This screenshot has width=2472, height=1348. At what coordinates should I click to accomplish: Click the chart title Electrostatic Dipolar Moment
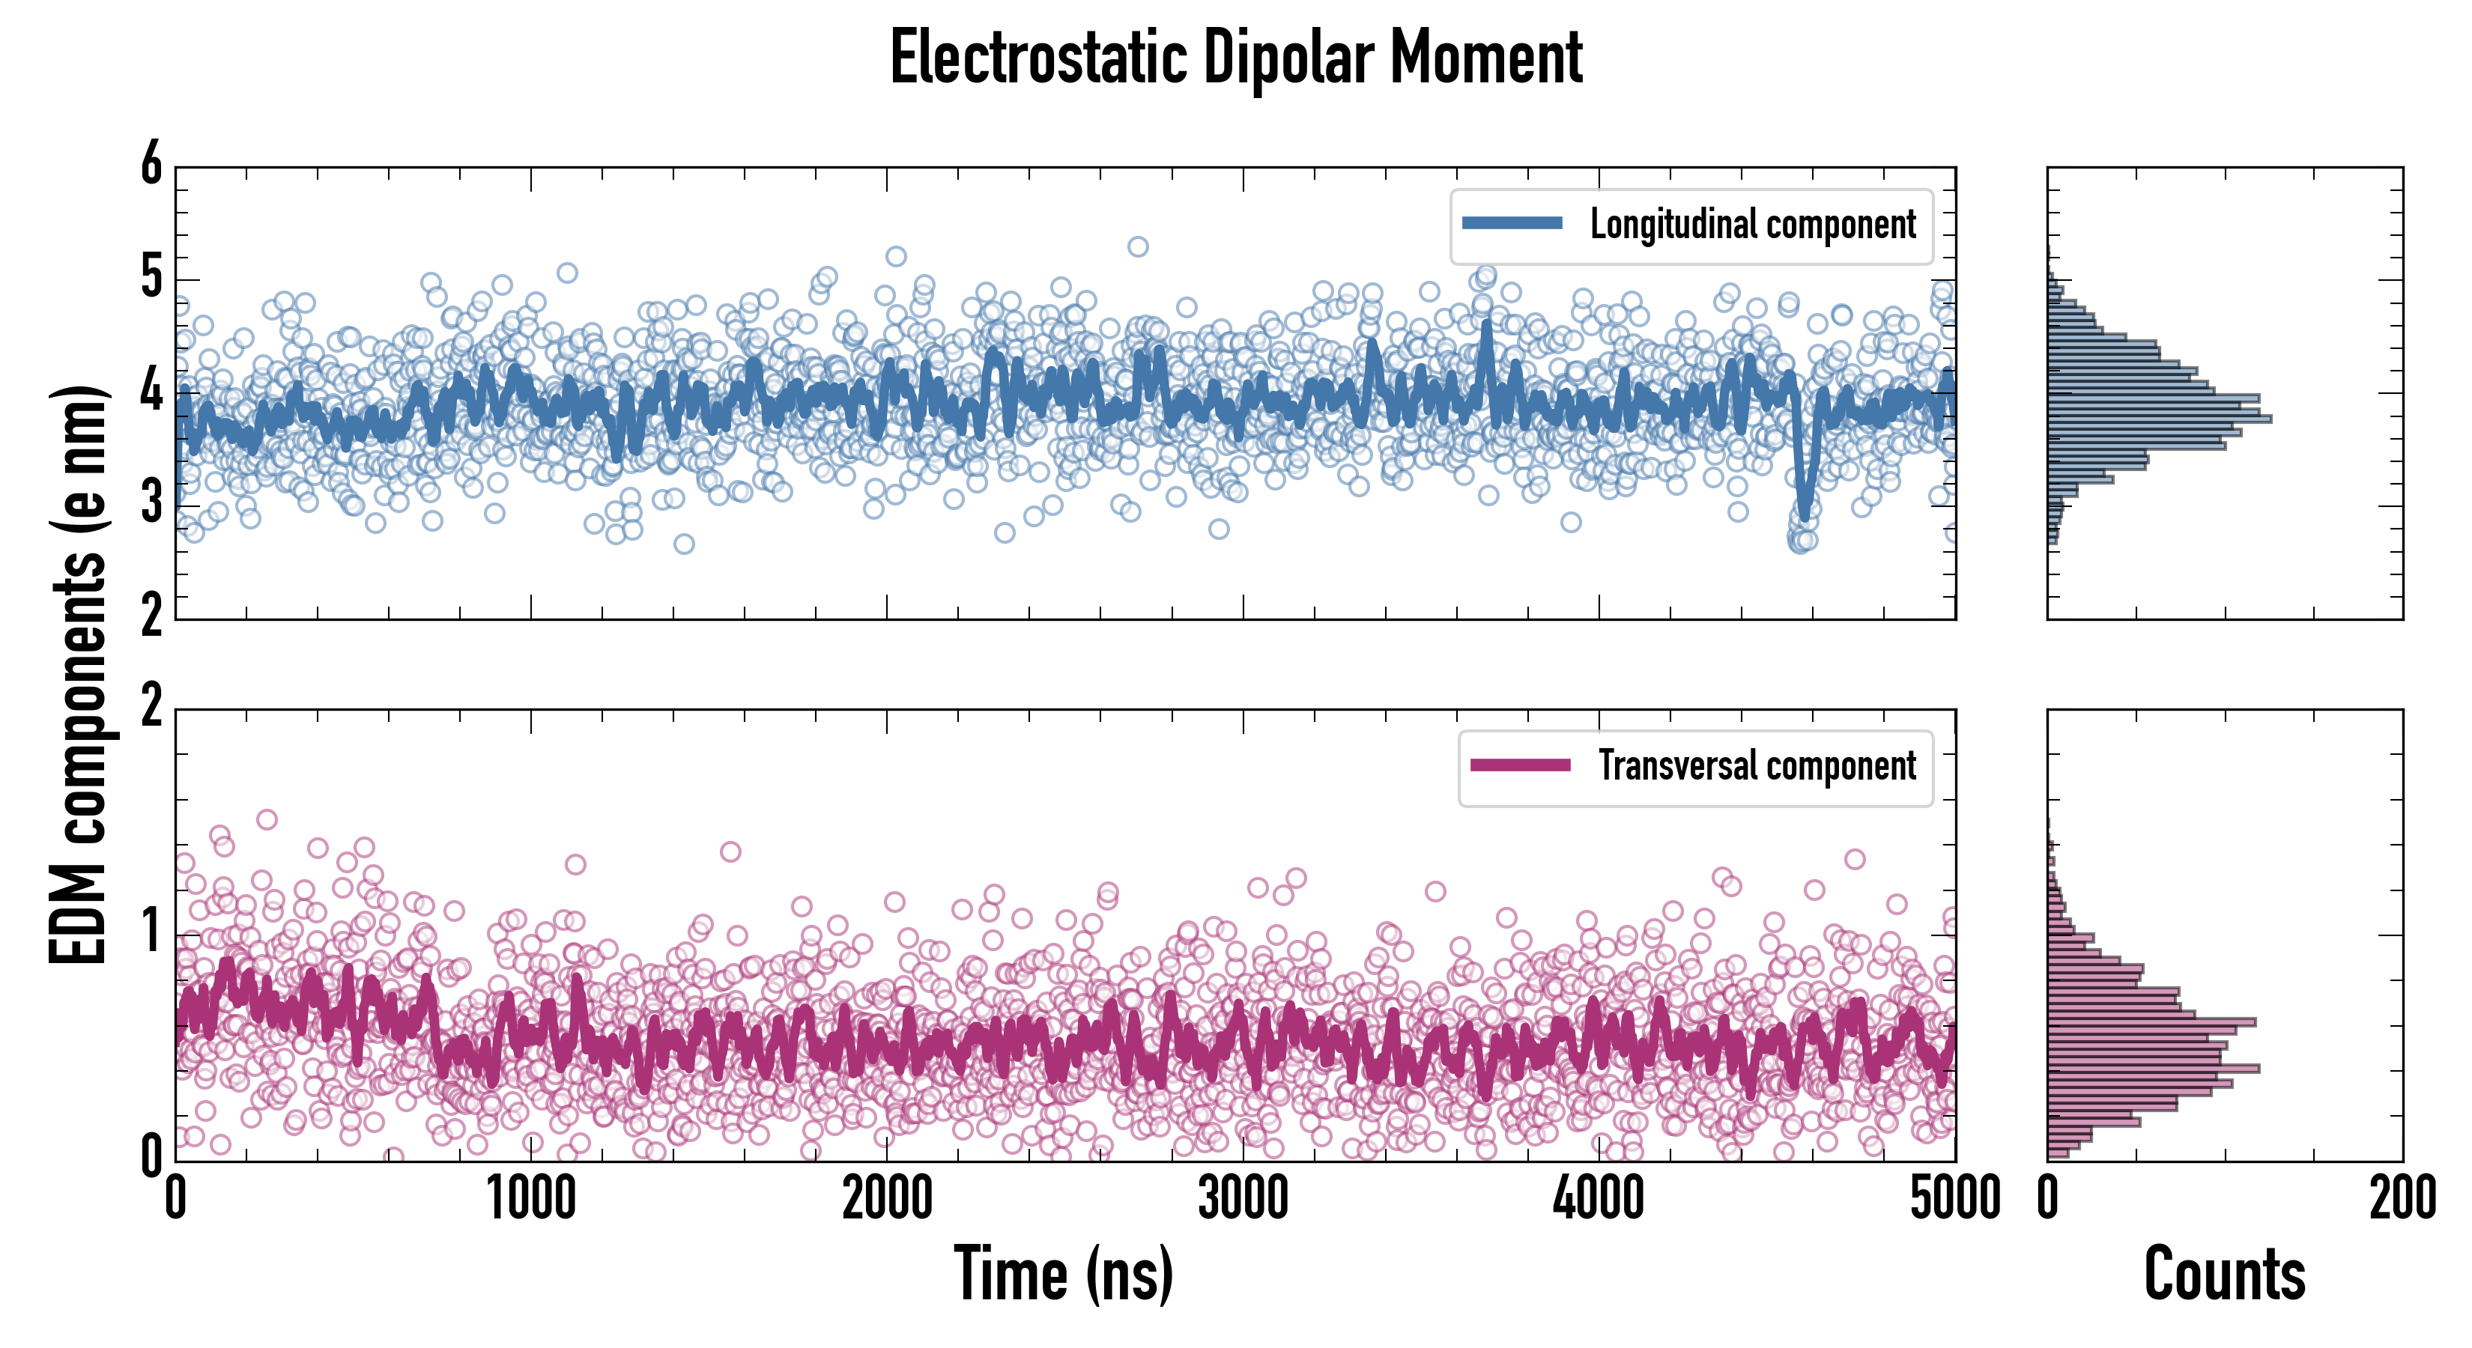[x=1236, y=58]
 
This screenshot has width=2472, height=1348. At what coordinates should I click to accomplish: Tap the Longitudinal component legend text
[x=1752, y=225]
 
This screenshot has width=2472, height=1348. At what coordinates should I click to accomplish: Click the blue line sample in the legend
[x=1512, y=224]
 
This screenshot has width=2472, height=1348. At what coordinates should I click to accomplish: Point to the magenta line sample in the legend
[x=1520, y=765]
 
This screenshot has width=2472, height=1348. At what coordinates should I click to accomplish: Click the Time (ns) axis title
[x=1063, y=1273]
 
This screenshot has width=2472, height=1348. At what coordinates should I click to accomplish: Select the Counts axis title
[x=2224, y=1273]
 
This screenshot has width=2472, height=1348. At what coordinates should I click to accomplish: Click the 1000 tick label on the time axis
[x=530, y=1199]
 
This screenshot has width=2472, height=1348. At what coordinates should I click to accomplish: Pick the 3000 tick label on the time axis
[x=1243, y=1199]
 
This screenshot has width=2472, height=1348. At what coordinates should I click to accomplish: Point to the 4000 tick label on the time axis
[x=1599, y=1199]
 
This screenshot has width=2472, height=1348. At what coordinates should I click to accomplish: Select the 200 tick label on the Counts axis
[x=2402, y=1199]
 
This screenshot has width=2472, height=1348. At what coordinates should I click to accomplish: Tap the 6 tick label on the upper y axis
[x=151, y=165]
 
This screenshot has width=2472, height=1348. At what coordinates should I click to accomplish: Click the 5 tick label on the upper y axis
[x=151, y=279]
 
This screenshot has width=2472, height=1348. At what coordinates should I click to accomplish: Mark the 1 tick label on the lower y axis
[x=151, y=932]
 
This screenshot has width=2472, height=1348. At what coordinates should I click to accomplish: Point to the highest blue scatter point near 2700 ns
[x=1137, y=246]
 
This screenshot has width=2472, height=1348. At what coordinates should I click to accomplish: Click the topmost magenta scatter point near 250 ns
[x=267, y=819]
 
